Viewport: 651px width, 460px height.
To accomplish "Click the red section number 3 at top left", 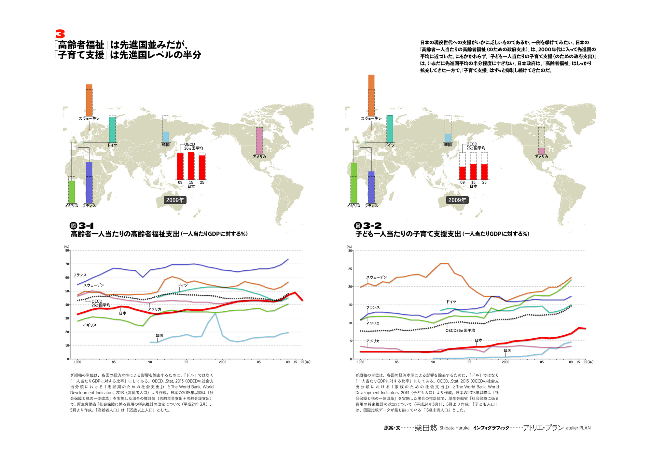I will (60, 34).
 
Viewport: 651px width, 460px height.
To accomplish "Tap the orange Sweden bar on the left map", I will (89, 100).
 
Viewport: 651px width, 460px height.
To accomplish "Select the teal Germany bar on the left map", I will (112, 129).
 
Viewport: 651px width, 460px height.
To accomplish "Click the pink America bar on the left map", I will (259, 141).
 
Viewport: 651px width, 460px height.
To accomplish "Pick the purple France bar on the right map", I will (371, 187).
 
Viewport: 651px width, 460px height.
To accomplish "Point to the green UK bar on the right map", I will (354, 183).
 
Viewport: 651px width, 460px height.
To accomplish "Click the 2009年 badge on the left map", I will (175, 200).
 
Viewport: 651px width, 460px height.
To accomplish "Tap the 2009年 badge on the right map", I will (457, 200).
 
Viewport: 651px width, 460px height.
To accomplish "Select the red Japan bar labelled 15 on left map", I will (191, 166).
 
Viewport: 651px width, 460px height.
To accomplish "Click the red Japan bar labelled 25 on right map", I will (484, 172).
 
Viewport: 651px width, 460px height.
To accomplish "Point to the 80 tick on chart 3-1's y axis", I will (67, 250).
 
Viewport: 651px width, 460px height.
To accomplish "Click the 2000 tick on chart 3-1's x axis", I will (223, 362).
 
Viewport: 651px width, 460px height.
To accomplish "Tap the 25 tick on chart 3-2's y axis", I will (350, 269).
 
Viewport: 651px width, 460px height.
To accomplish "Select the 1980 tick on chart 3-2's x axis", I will (361, 362).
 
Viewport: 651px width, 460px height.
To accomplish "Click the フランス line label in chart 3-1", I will (80, 275).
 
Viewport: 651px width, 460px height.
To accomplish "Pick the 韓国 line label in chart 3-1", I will (159, 335).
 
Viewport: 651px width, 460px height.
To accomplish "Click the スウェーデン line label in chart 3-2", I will (377, 277).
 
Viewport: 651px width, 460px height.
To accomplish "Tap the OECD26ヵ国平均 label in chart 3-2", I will (460, 331).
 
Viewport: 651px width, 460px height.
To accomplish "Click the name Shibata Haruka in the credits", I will (454, 428).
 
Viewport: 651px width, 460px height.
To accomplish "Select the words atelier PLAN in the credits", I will (578, 428).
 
